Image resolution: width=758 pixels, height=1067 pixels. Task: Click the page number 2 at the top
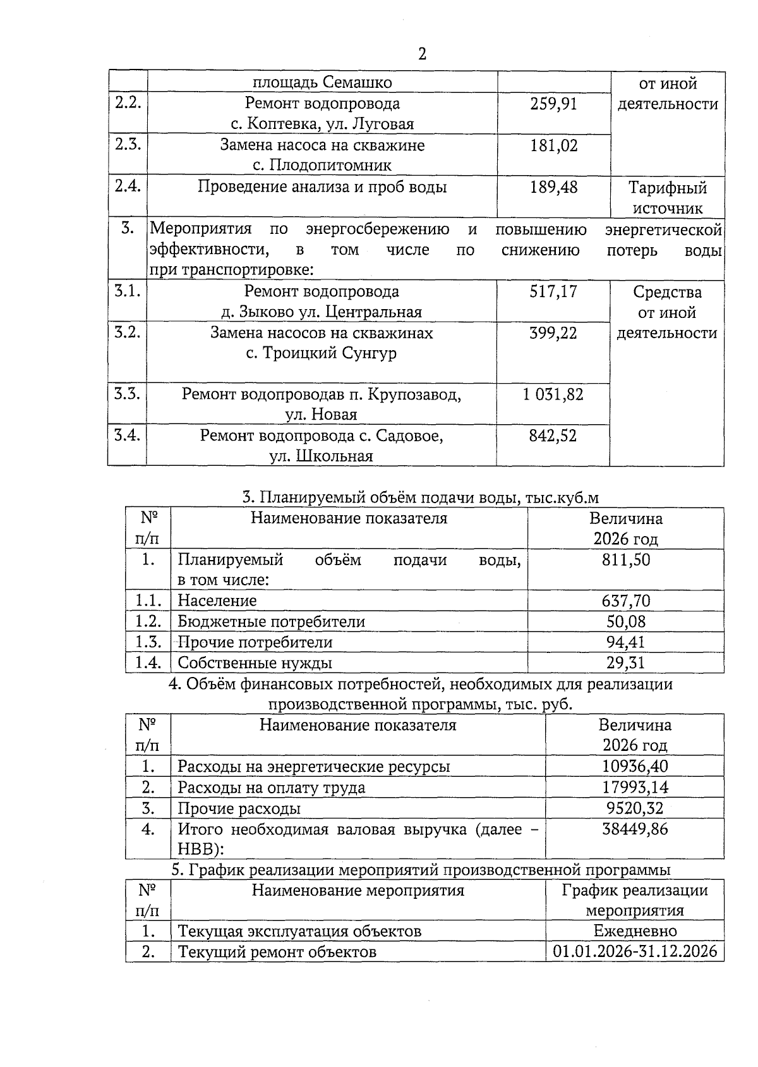422,54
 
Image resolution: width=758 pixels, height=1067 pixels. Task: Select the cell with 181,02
553,146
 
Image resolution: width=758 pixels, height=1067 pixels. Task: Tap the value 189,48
553,188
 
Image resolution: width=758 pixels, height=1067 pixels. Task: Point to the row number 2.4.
128,186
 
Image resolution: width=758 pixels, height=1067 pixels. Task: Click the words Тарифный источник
667,198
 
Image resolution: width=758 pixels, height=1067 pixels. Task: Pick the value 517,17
553,292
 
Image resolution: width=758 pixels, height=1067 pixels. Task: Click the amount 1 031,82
553,395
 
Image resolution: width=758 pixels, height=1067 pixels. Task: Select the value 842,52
553,436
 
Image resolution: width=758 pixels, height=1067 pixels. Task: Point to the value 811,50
625,560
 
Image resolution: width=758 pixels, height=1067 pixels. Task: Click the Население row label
217,601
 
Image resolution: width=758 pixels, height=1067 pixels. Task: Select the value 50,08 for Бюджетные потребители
625,622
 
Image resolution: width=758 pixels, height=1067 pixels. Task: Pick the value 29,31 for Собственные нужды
625,663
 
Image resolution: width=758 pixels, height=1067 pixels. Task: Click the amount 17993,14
635,788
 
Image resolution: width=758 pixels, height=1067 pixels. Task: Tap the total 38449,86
635,829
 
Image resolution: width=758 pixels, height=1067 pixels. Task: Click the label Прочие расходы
239,808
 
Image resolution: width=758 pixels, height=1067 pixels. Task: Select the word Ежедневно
635,932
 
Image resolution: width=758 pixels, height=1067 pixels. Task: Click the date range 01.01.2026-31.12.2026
635,952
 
